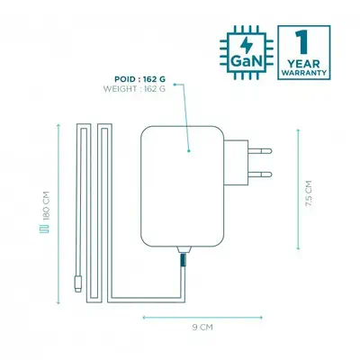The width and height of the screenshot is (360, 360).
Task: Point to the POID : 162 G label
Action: pyautogui.click(x=140, y=79)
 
